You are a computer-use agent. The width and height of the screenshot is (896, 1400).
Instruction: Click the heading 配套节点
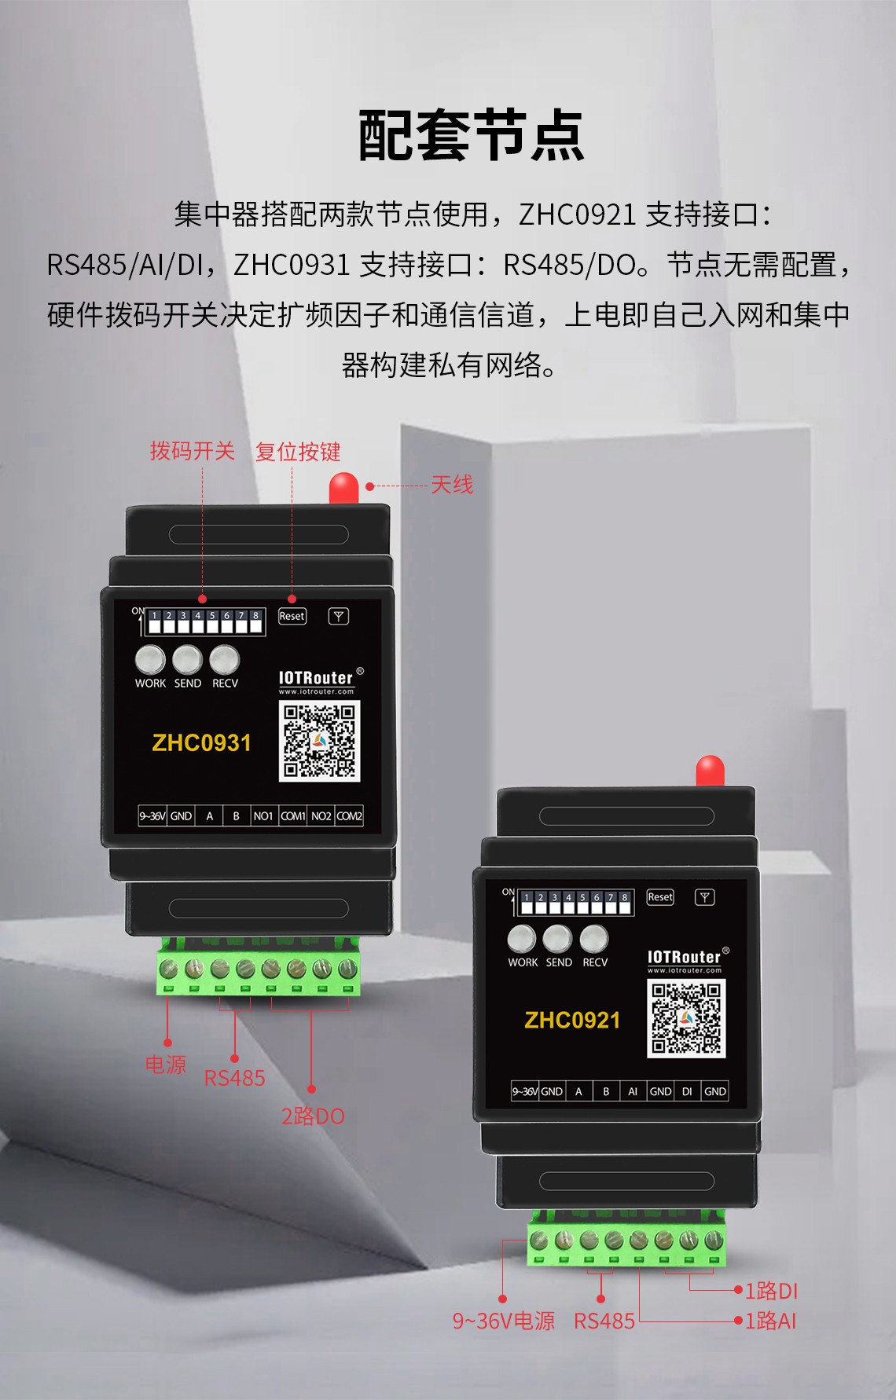[472, 135]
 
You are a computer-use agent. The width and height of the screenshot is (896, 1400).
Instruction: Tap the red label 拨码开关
[193, 451]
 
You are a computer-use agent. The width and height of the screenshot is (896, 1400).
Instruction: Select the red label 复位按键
[298, 452]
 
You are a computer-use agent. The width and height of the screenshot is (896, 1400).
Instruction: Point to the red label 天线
[452, 485]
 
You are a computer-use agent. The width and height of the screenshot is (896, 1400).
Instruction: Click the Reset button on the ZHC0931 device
[292, 617]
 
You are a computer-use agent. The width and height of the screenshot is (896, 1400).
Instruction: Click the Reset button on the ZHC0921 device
[660, 897]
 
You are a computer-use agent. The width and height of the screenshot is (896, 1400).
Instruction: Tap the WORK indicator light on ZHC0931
[150, 660]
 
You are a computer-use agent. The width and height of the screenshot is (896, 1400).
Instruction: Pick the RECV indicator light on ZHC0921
[594, 939]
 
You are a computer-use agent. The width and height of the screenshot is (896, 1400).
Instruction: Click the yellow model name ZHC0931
[202, 743]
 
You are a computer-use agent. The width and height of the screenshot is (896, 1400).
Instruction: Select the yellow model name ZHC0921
[572, 1021]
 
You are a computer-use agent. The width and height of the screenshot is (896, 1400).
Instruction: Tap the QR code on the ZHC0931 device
[319, 741]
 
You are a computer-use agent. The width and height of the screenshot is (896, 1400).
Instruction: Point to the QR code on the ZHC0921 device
[686, 1019]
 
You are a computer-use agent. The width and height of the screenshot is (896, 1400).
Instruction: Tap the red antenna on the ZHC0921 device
[711, 771]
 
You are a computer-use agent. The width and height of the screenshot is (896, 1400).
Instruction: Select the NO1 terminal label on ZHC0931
[263, 816]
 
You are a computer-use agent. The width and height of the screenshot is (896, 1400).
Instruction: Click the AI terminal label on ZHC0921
[633, 1091]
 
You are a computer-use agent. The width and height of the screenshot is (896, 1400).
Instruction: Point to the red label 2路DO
[313, 1116]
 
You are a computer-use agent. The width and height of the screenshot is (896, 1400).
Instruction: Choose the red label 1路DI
[771, 1291]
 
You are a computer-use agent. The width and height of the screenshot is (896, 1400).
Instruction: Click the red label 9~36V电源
[503, 1321]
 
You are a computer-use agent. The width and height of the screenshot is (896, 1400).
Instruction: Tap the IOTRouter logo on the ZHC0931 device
[317, 678]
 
